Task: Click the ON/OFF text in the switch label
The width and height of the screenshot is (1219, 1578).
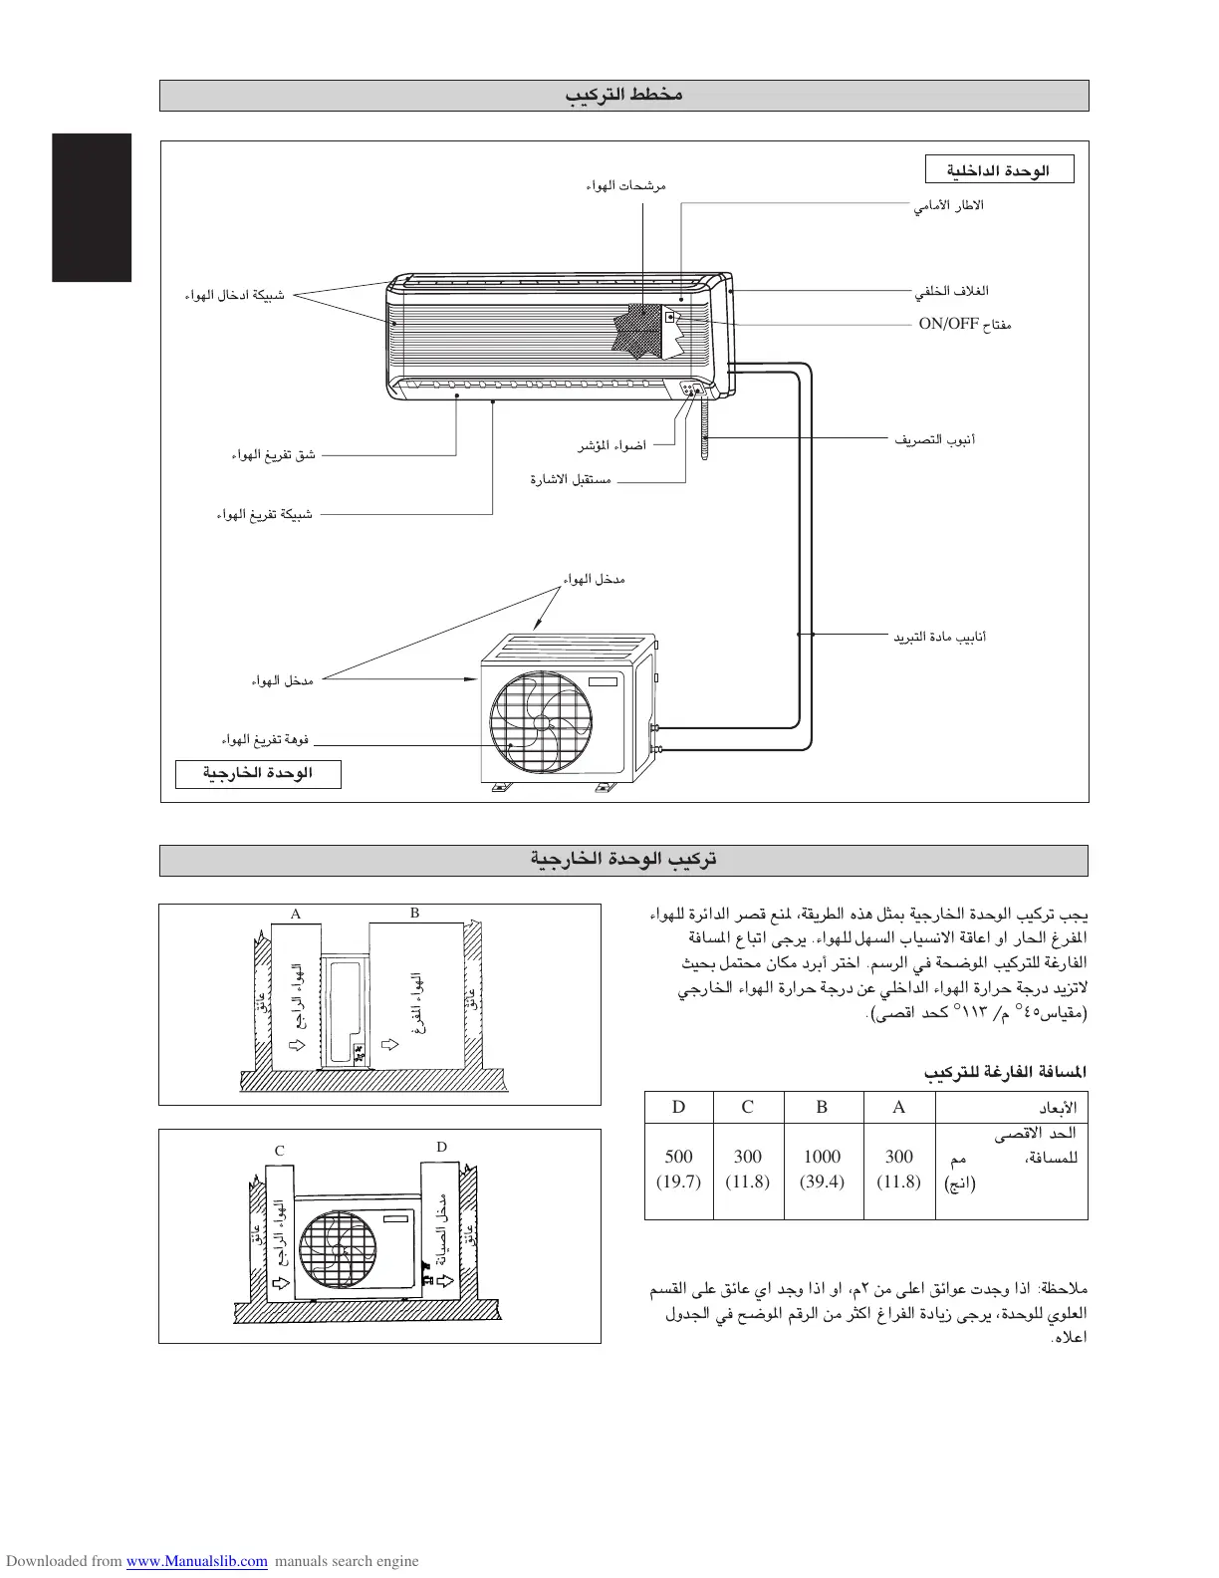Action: point(948,324)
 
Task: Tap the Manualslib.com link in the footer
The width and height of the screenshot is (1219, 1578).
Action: point(196,1561)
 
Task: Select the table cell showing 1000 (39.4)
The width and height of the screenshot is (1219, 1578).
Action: point(822,1169)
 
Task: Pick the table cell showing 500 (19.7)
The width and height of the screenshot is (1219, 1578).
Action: point(678,1169)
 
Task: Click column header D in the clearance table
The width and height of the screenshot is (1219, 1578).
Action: point(678,1107)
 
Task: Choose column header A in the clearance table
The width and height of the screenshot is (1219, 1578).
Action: point(898,1107)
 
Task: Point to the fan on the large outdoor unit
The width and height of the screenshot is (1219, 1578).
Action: point(541,721)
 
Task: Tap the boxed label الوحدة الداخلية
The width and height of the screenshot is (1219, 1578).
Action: point(1000,170)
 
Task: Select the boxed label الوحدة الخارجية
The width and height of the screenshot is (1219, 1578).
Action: point(258,774)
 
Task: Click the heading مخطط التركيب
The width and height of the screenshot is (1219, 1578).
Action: point(623,96)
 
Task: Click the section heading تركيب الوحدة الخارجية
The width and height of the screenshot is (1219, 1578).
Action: point(623,860)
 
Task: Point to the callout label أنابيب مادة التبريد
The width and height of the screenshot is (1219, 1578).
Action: point(939,637)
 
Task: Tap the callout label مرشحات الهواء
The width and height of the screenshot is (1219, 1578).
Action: point(625,185)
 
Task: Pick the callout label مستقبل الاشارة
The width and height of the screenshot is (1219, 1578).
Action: point(571,480)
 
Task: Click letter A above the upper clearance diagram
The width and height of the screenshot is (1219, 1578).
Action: point(295,914)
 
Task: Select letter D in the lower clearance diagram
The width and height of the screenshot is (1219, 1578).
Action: point(441,1147)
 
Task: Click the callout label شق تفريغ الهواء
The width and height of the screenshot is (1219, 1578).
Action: point(274,455)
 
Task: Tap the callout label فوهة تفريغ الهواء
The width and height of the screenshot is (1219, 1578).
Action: point(265,740)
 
